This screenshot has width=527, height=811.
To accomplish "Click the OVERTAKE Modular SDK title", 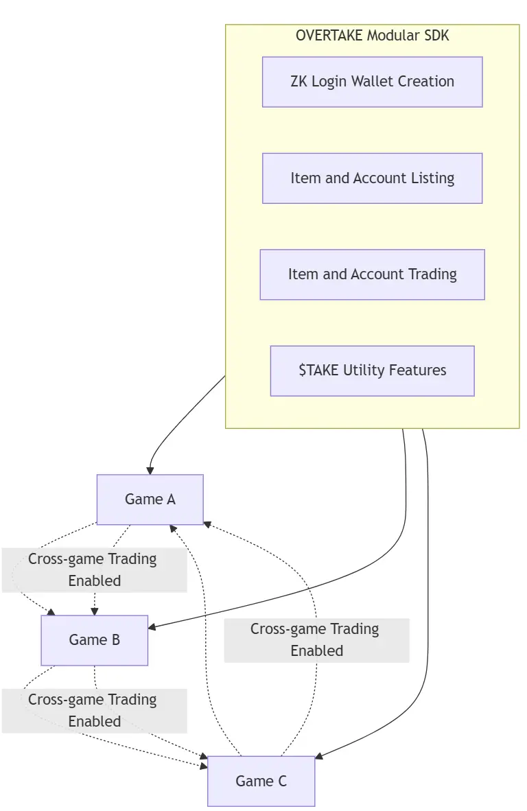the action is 372,35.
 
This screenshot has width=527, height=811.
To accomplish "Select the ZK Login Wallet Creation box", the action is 372,82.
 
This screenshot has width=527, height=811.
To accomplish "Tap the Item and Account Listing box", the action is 372,178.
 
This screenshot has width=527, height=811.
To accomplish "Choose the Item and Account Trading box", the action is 372,274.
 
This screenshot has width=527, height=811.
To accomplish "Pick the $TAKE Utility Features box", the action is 372,371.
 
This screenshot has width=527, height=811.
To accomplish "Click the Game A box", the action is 150,499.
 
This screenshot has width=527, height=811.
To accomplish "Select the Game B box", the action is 95,639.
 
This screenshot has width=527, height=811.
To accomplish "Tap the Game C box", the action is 261,781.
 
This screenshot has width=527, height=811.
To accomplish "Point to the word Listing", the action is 432,178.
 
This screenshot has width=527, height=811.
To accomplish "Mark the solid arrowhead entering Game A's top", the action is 150,471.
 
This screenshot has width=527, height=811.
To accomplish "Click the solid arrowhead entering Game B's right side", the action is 152,627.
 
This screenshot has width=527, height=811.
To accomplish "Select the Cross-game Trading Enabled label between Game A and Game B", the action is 93,569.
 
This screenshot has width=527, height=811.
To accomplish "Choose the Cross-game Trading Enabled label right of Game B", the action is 316,639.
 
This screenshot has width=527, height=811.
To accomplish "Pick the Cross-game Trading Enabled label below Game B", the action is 93,710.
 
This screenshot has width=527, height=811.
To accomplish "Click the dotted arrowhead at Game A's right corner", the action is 207,524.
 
